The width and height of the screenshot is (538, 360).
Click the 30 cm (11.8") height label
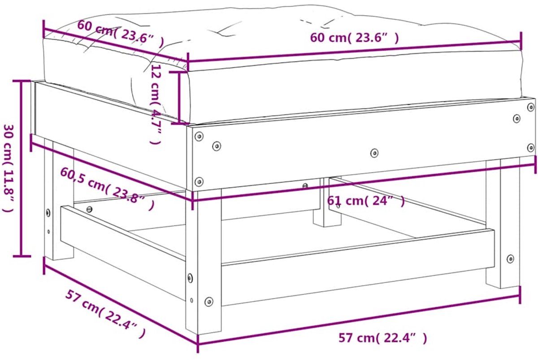(9, 168)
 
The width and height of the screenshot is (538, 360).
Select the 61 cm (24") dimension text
(366, 201)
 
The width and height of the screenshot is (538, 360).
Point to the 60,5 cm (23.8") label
(107, 189)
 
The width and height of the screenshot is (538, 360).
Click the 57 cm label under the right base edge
(383, 338)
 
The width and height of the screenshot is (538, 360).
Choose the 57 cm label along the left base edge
(105, 314)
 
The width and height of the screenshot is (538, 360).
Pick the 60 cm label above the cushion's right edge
(355, 38)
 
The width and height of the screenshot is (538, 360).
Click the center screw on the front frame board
(374, 153)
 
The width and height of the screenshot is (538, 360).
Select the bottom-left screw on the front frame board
(199, 182)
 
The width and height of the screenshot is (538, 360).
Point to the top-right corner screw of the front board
(531, 107)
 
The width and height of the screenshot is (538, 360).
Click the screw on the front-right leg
(510, 259)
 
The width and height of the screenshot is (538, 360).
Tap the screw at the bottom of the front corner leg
(209, 301)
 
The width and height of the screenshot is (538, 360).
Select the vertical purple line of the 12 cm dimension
(179, 98)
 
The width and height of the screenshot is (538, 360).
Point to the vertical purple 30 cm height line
(22, 168)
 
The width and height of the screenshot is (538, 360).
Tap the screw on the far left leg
(48, 213)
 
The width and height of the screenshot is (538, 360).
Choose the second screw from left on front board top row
(217, 146)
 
